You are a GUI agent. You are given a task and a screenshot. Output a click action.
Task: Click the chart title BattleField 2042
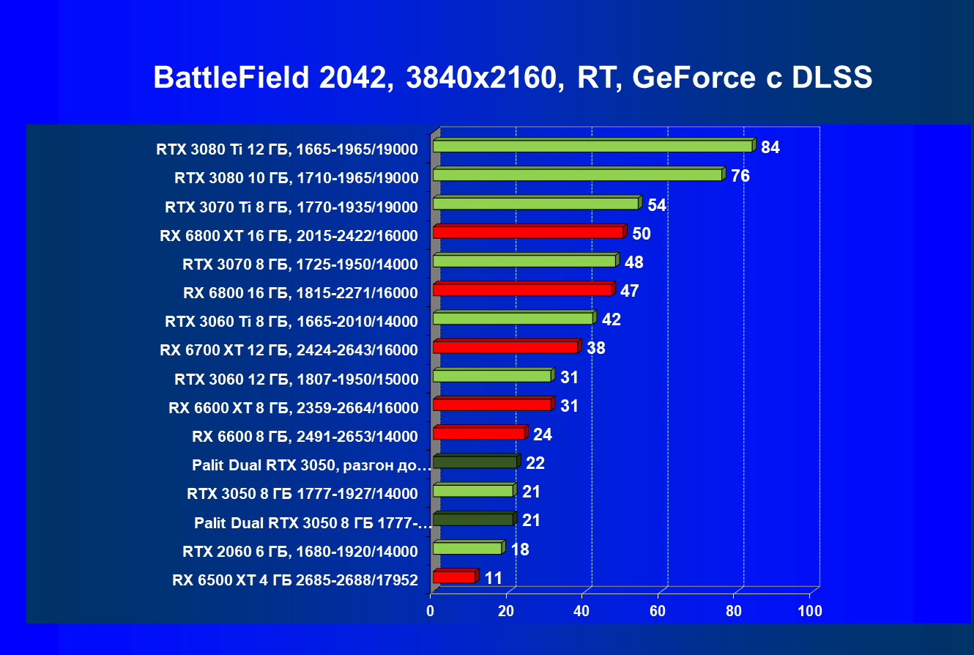coord(513,77)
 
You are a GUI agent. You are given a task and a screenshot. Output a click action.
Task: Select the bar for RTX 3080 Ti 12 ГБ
coord(593,146)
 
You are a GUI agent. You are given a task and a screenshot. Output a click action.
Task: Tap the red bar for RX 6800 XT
coord(528,232)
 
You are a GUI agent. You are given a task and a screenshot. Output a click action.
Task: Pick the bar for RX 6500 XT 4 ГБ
coord(454,577)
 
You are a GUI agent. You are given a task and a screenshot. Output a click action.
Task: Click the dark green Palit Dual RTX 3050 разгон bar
coord(475,462)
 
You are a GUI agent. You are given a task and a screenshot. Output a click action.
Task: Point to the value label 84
coord(770,147)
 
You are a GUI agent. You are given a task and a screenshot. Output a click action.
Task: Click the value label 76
coord(740,176)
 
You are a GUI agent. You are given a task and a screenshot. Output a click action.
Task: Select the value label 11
coord(494,578)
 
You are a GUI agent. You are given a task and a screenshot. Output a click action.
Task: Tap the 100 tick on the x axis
coord(810,611)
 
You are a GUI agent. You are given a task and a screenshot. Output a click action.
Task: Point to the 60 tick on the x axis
coord(658,611)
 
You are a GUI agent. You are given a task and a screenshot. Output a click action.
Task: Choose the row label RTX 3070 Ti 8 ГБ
coord(291,207)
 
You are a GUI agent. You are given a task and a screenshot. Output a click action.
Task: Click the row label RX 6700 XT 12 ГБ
coord(289,350)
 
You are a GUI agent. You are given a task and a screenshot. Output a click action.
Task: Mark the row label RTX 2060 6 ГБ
coord(300,551)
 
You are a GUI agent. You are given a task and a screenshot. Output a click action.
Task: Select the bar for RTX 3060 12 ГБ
coord(492,376)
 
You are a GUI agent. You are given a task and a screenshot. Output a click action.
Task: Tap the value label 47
coord(630,291)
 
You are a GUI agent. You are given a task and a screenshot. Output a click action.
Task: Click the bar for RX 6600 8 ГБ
coord(479,433)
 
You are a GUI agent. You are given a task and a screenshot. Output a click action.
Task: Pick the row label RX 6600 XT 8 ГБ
coord(293,408)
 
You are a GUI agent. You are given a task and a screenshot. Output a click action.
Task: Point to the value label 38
coord(596,348)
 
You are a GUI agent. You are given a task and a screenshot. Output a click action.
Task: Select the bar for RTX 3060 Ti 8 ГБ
coord(513,318)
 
